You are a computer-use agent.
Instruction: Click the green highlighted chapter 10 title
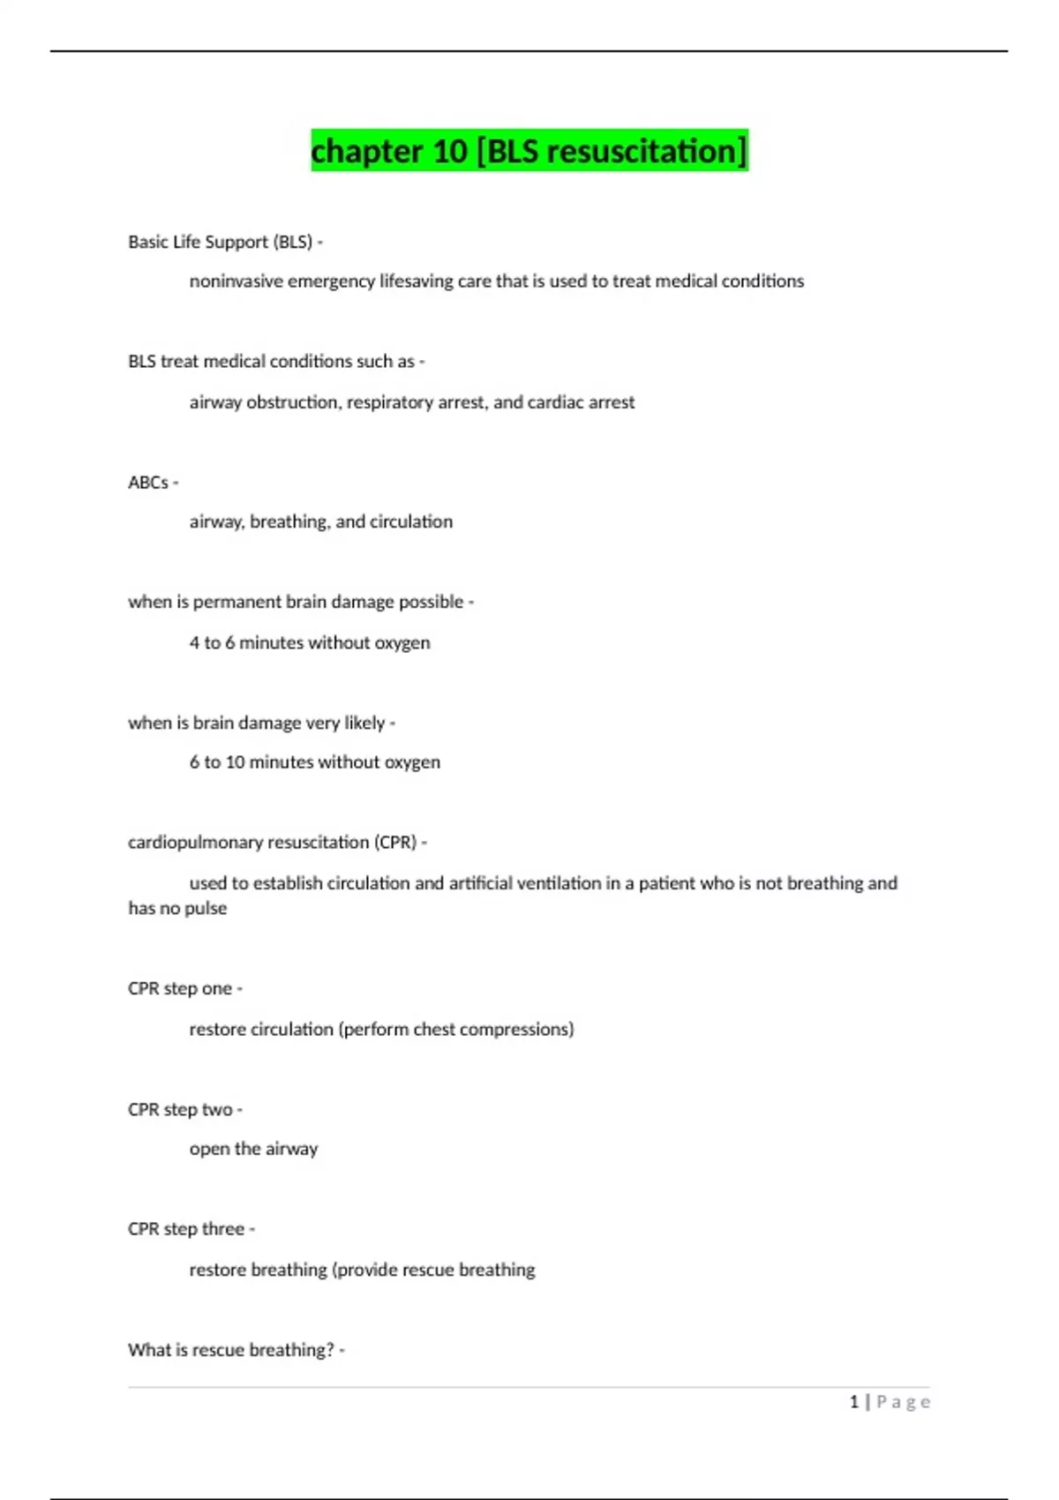point(529,151)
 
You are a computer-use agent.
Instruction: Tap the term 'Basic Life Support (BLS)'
point(221,242)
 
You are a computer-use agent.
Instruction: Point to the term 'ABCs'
point(148,483)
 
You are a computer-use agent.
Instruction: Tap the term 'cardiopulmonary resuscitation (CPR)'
point(272,843)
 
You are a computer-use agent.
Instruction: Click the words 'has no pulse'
point(177,909)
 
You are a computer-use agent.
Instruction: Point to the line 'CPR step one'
point(180,989)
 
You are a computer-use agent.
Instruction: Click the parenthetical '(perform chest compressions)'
point(456,1030)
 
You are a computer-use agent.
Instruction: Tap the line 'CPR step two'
point(180,1110)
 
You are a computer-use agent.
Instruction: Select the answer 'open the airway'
point(253,1149)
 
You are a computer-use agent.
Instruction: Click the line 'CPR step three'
point(186,1229)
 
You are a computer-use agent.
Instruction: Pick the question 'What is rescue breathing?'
point(231,1350)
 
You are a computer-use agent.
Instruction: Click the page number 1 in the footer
point(853,1402)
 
